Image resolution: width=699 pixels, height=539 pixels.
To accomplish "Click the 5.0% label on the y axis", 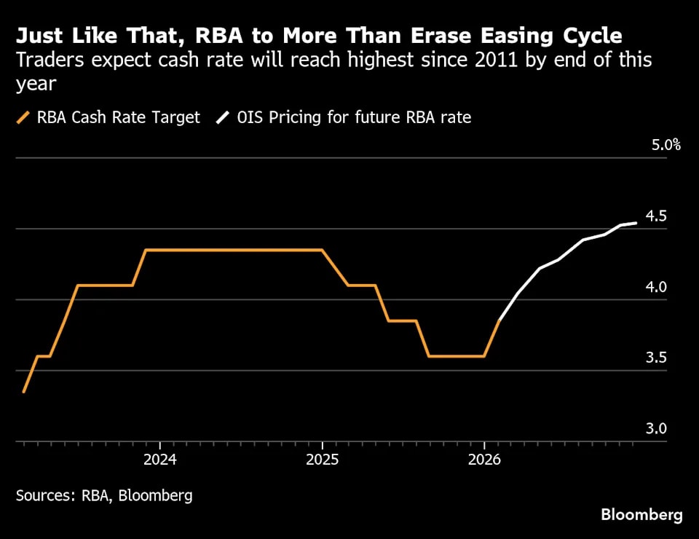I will tap(666, 145).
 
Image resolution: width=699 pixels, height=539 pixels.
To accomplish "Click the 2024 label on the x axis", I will tap(159, 460).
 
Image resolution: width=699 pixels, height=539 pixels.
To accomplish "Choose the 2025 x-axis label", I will tap(322, 460).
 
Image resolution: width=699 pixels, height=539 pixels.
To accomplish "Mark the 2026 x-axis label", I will tap(484, 460).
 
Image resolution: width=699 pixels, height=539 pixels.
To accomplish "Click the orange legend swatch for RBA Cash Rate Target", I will tap(24, 117).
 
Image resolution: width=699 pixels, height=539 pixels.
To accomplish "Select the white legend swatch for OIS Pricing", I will tap(224, 117).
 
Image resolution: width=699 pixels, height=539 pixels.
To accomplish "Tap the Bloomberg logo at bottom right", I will tap(641, 515).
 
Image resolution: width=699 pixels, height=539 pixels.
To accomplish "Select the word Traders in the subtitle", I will tap(46, 60).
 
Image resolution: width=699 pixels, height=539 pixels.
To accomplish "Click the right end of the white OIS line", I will tap(637, 223).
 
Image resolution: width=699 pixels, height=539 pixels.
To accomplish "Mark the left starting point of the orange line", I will tap(24, 392).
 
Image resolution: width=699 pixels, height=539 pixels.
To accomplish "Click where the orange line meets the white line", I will tap(500, 319).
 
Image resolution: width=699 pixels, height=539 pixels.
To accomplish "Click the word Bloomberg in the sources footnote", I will tap(157, 496).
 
